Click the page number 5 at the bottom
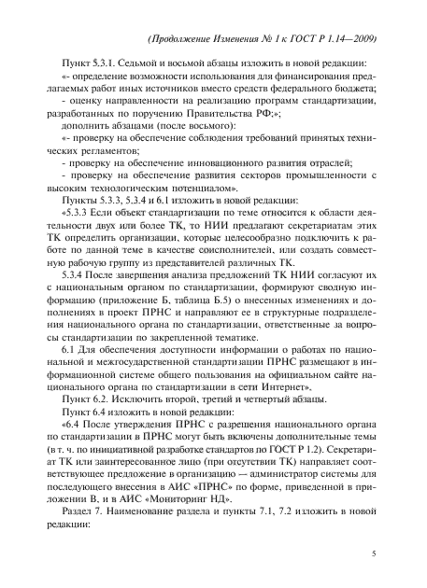[373, 554]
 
